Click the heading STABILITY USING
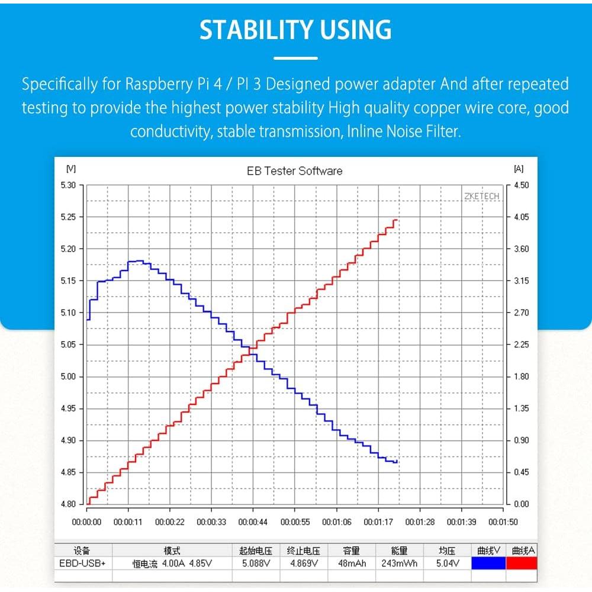[295, 30]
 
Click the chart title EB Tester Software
[294, 171]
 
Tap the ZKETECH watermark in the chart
[481, 196]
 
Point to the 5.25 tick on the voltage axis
[69, 217]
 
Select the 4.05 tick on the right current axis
[521, 217]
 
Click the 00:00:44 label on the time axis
[253, 522]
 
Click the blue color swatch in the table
[488, 563]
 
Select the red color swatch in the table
[522, 563]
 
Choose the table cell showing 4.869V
[304, 563]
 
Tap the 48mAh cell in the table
[352, 563]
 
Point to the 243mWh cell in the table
[400, 563]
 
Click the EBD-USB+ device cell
[82, 563]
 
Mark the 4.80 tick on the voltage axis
[69, 504]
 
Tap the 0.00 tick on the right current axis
[521, 504]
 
